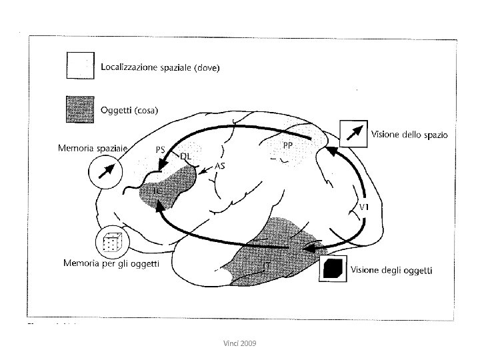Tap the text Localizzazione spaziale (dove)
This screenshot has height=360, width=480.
pos(161,67)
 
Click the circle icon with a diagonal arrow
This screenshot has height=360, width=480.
pos(105,173)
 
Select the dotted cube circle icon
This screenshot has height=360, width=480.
pos(110,243)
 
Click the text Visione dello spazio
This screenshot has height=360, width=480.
pos(410,134)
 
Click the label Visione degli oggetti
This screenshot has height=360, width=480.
pos(392,270)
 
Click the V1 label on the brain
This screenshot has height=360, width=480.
pos(365,207)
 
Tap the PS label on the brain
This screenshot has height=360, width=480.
pos(160,149)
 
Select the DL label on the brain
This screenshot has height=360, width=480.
pos(187,156)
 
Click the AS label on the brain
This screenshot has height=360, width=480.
pos(218,166)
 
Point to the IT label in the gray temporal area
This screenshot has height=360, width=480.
pos(266,265)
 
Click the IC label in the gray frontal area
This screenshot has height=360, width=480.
pos(155,191)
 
